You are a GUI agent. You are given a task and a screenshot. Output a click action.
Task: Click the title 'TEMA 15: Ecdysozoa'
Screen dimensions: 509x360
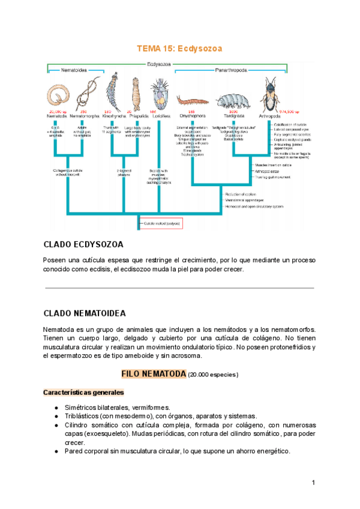tap(179, 48)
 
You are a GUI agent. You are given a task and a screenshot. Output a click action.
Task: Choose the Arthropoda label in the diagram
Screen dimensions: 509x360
tap(271, 115)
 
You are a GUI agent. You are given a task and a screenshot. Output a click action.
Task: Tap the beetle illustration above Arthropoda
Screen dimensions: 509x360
tap(271, 94)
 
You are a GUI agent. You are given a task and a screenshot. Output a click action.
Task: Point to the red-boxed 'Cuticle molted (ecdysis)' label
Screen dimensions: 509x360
tap(160, 223)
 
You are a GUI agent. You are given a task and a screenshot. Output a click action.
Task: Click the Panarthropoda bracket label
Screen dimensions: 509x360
tap(231, 70)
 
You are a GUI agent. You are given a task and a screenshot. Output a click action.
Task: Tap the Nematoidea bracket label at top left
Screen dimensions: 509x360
tap(74, 70)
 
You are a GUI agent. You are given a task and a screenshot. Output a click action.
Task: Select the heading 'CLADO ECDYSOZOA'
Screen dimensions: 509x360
tap(83, 245)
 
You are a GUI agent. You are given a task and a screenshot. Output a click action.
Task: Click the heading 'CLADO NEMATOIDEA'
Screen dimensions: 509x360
tap(85, 313)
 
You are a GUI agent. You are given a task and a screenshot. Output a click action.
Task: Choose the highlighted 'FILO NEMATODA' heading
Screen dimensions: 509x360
tap(154, 373)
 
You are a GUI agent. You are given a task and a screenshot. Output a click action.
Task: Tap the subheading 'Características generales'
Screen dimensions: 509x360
tap(83, 393)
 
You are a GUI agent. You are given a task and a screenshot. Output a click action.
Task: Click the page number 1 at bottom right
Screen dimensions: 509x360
tap(313, 483)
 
